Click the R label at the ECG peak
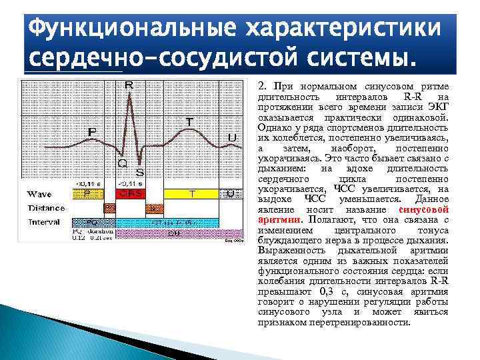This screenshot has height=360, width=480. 129,85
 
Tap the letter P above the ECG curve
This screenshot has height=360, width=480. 91,133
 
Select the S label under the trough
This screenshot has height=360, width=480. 140,171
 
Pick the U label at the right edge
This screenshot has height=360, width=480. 231,137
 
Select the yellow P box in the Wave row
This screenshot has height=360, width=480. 87,193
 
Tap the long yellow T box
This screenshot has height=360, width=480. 191,193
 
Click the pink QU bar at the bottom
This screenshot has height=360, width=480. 173,234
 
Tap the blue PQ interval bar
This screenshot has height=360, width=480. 92,222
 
